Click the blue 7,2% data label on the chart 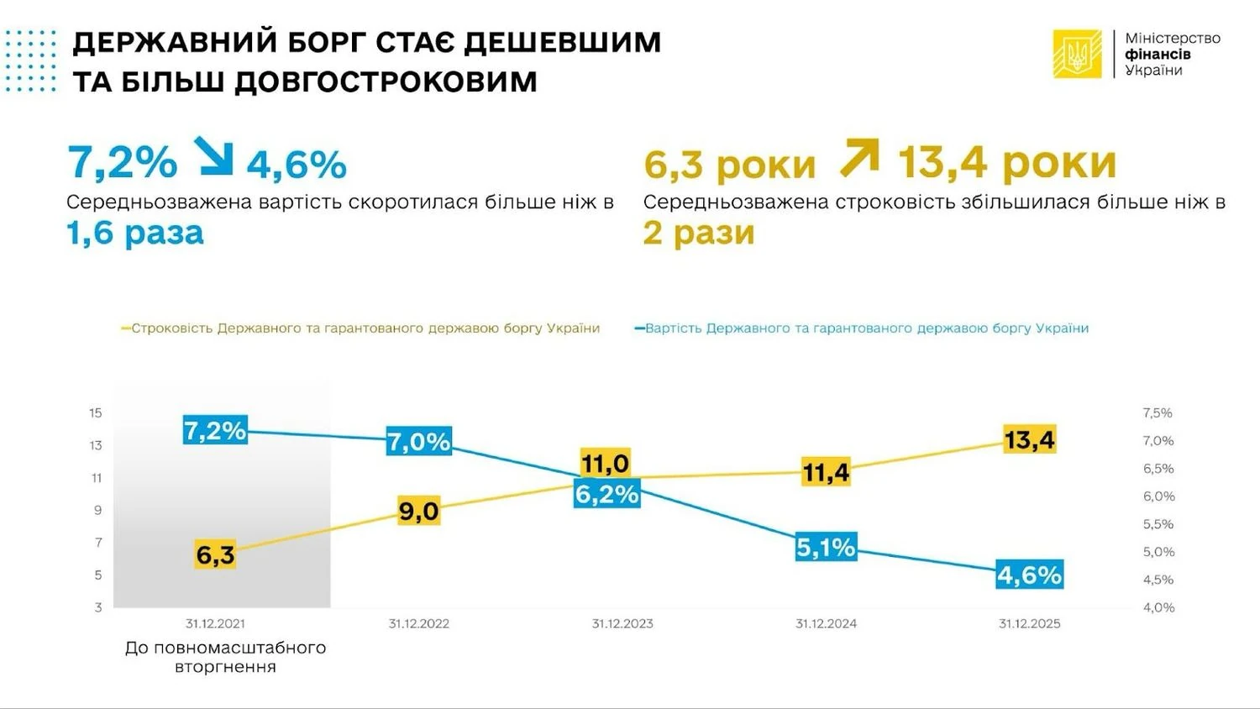[215, 431]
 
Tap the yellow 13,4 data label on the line [1029, 439]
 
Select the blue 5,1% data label [826, 548]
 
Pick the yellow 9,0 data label [418, 511]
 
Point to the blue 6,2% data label [606, 494]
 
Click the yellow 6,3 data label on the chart [215, 555]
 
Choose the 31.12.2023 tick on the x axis [622, 623]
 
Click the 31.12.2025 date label [1029, 623]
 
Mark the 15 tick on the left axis [96, 412]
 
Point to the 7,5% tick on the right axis [1158, 412]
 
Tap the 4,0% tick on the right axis [1158, 607]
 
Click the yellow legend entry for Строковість [361, 328]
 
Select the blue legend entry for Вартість [862, 328]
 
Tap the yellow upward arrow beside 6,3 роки [858, 158]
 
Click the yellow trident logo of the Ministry [1077, 55]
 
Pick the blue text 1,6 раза [135, 234]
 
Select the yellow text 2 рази [699, 234]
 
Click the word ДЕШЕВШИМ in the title [562, 42]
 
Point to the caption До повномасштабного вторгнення [225, 657]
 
